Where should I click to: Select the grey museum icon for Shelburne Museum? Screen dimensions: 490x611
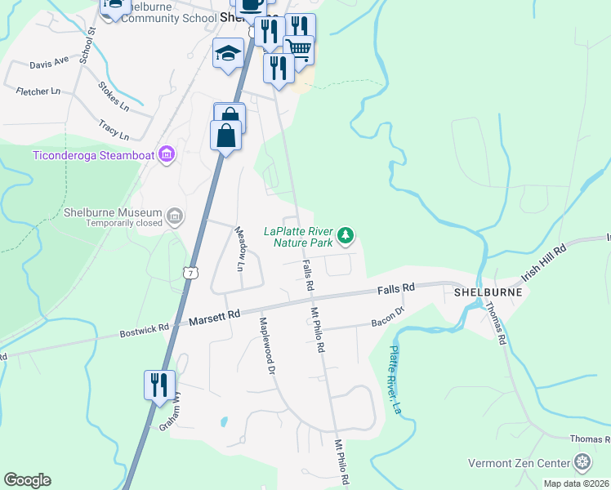click(x=174, y=216)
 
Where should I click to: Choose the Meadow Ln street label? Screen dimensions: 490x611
click(x=240, y=248)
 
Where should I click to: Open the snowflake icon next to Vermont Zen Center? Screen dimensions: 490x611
click(x=582, y=463)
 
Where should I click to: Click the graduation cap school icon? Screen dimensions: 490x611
click(x=228, y=54)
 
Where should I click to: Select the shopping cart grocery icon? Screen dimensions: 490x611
click(x=299, y=49)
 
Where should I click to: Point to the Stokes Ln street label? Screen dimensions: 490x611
click(x=114, y=96)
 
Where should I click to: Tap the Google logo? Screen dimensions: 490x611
click(x=27, y=480)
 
